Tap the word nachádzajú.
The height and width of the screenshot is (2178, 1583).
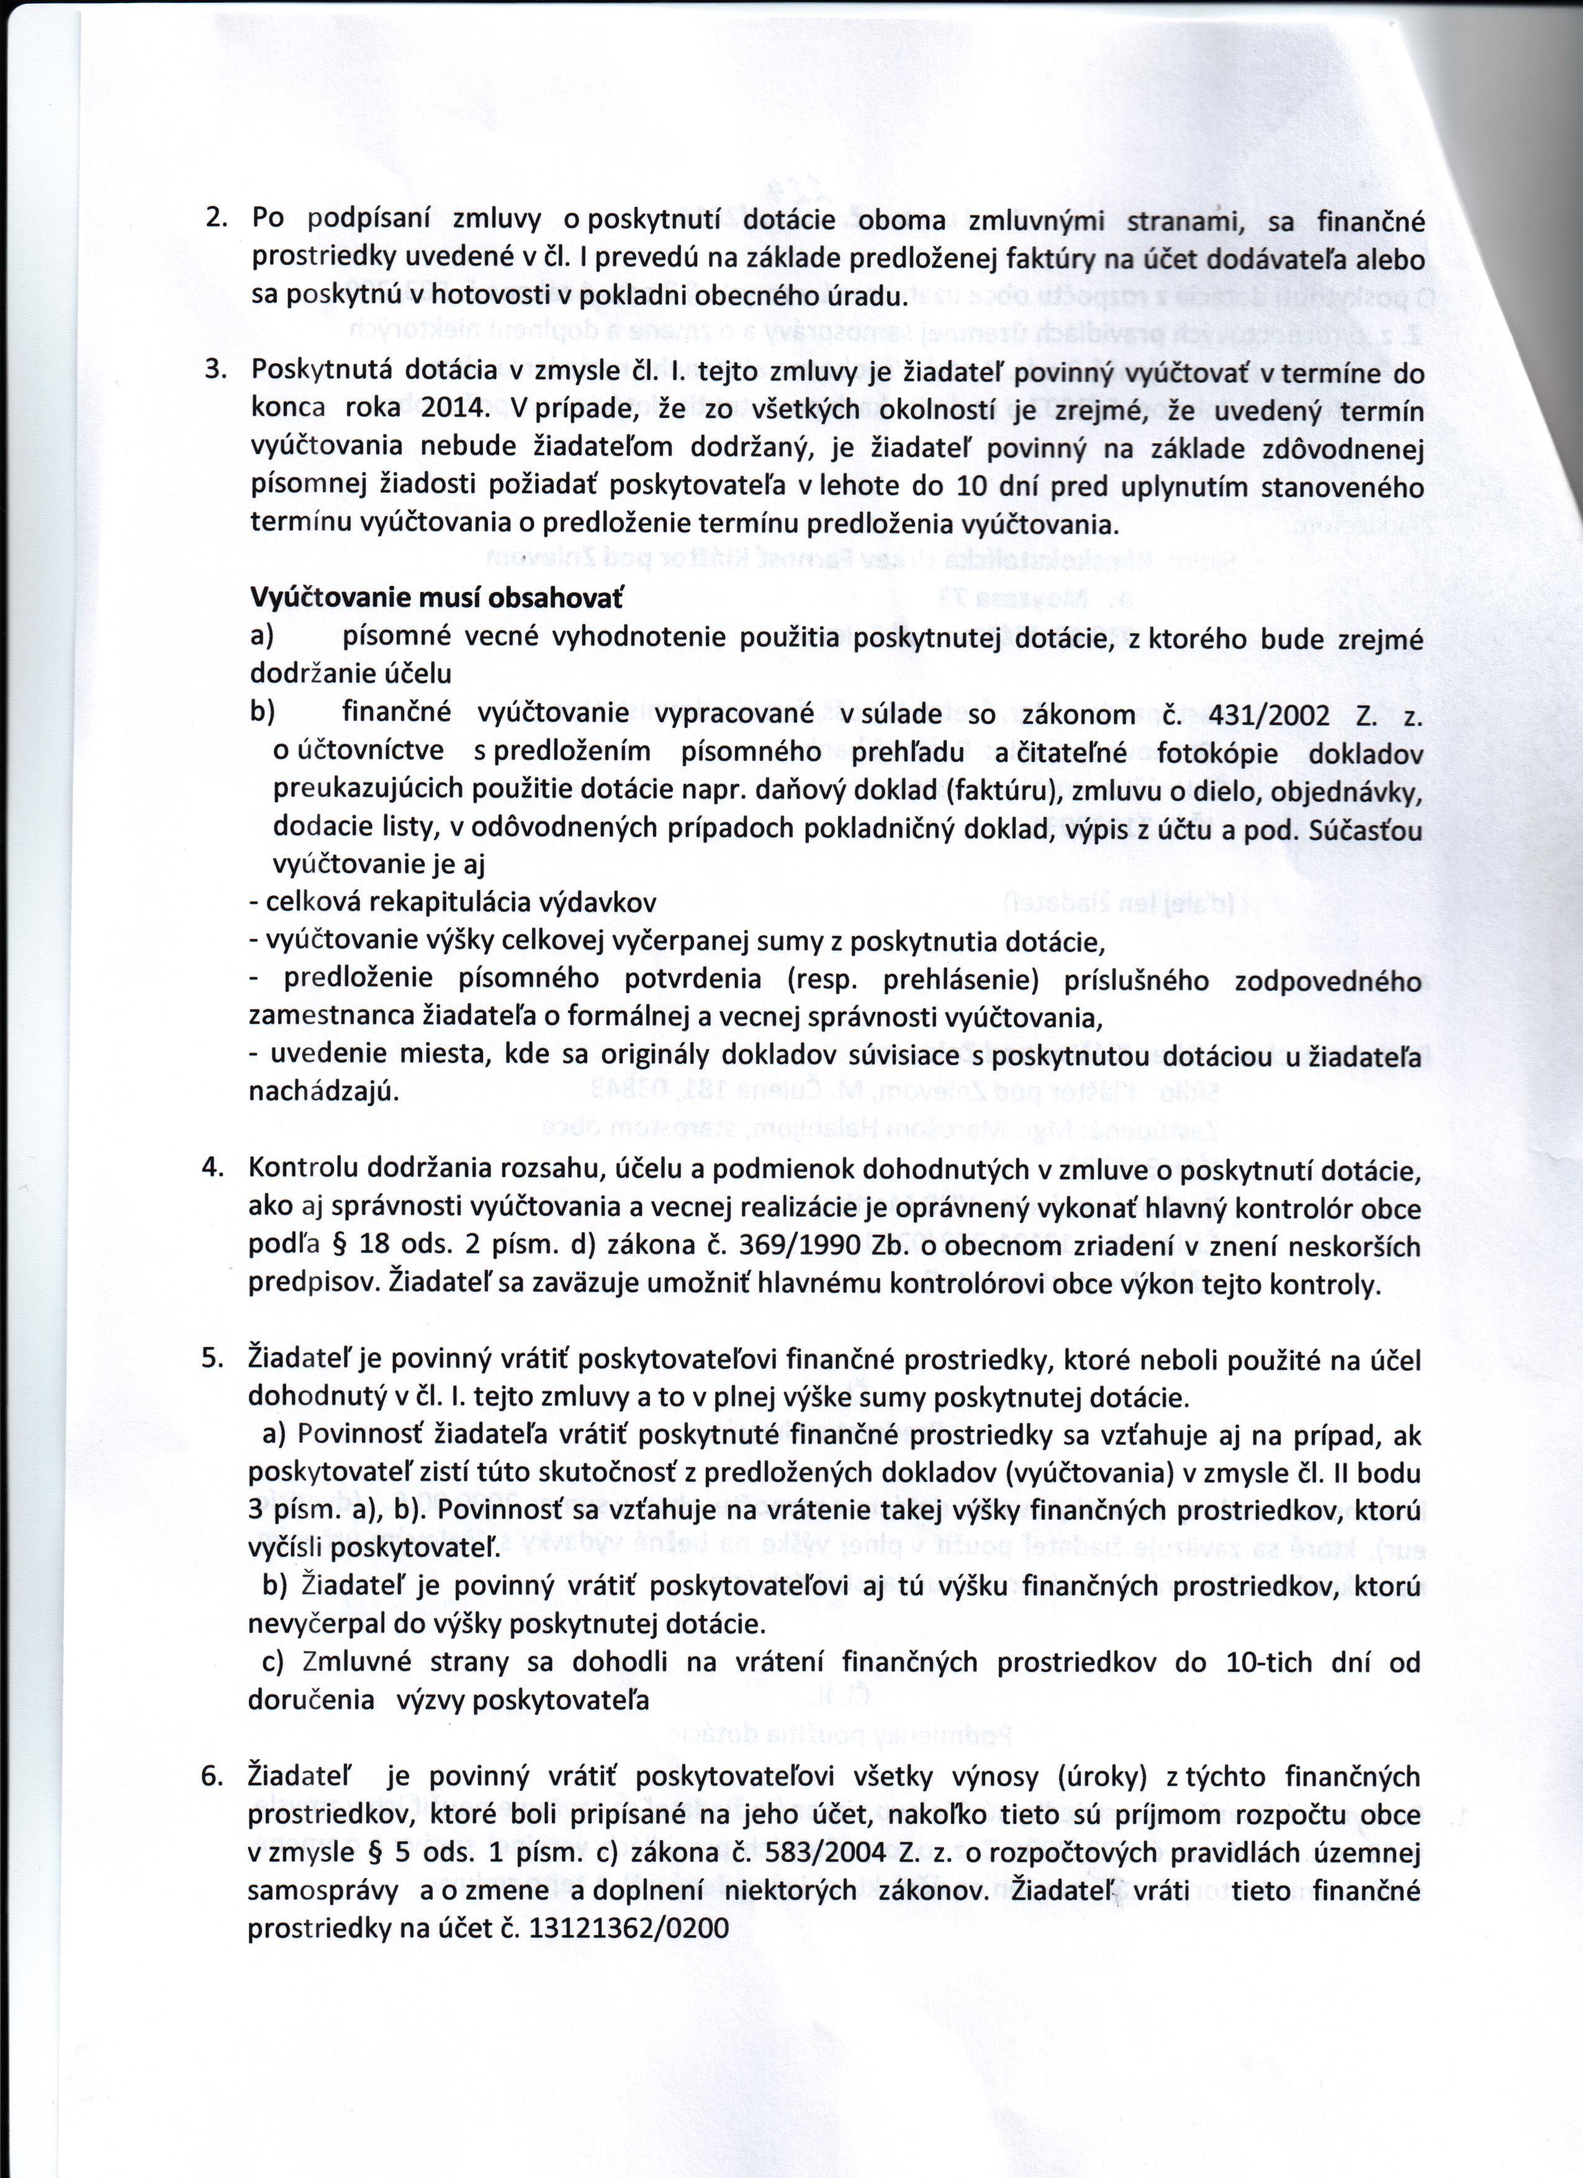point(323,1093)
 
